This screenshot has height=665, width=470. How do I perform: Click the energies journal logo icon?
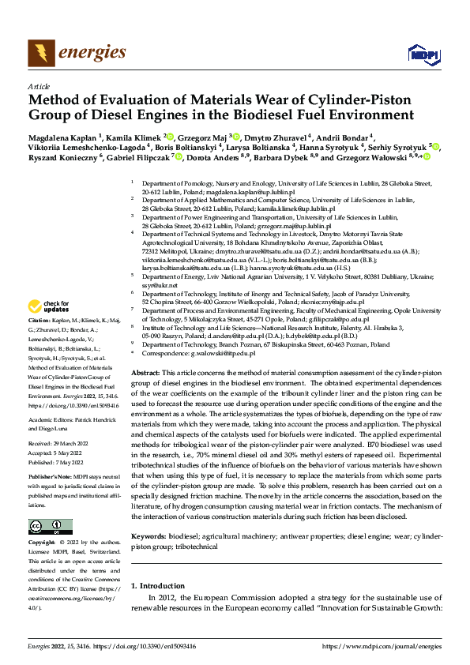38,52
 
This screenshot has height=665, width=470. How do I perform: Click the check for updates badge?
49,306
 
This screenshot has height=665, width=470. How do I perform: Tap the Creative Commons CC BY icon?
49,527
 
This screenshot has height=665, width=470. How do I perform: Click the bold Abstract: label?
145,371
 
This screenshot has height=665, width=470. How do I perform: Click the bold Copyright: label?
43,543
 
